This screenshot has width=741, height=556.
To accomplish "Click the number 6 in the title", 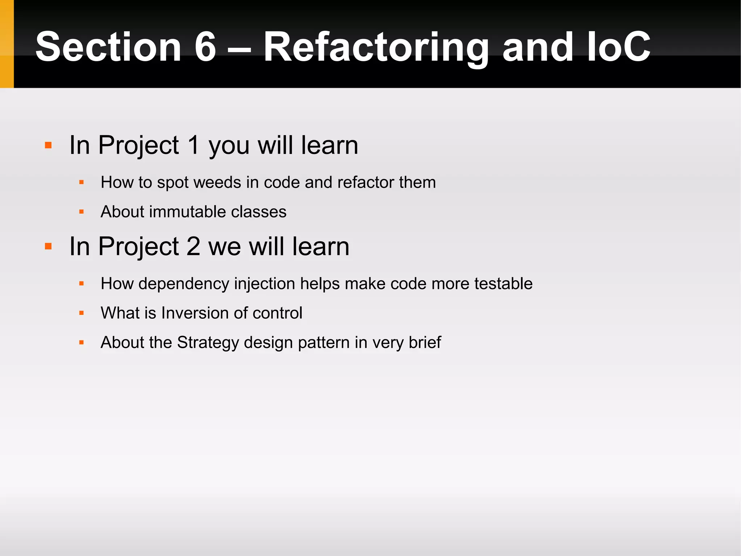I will [205, 47].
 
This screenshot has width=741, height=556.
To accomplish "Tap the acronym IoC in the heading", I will [618, 47].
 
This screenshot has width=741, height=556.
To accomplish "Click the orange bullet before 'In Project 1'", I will [48, 146].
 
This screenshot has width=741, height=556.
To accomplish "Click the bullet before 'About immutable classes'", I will [81, 212].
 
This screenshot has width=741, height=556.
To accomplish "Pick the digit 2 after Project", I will [193, 246].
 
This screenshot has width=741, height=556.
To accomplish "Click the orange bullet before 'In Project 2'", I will [48, 247].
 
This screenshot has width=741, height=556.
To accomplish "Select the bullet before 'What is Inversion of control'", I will [81, 313].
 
